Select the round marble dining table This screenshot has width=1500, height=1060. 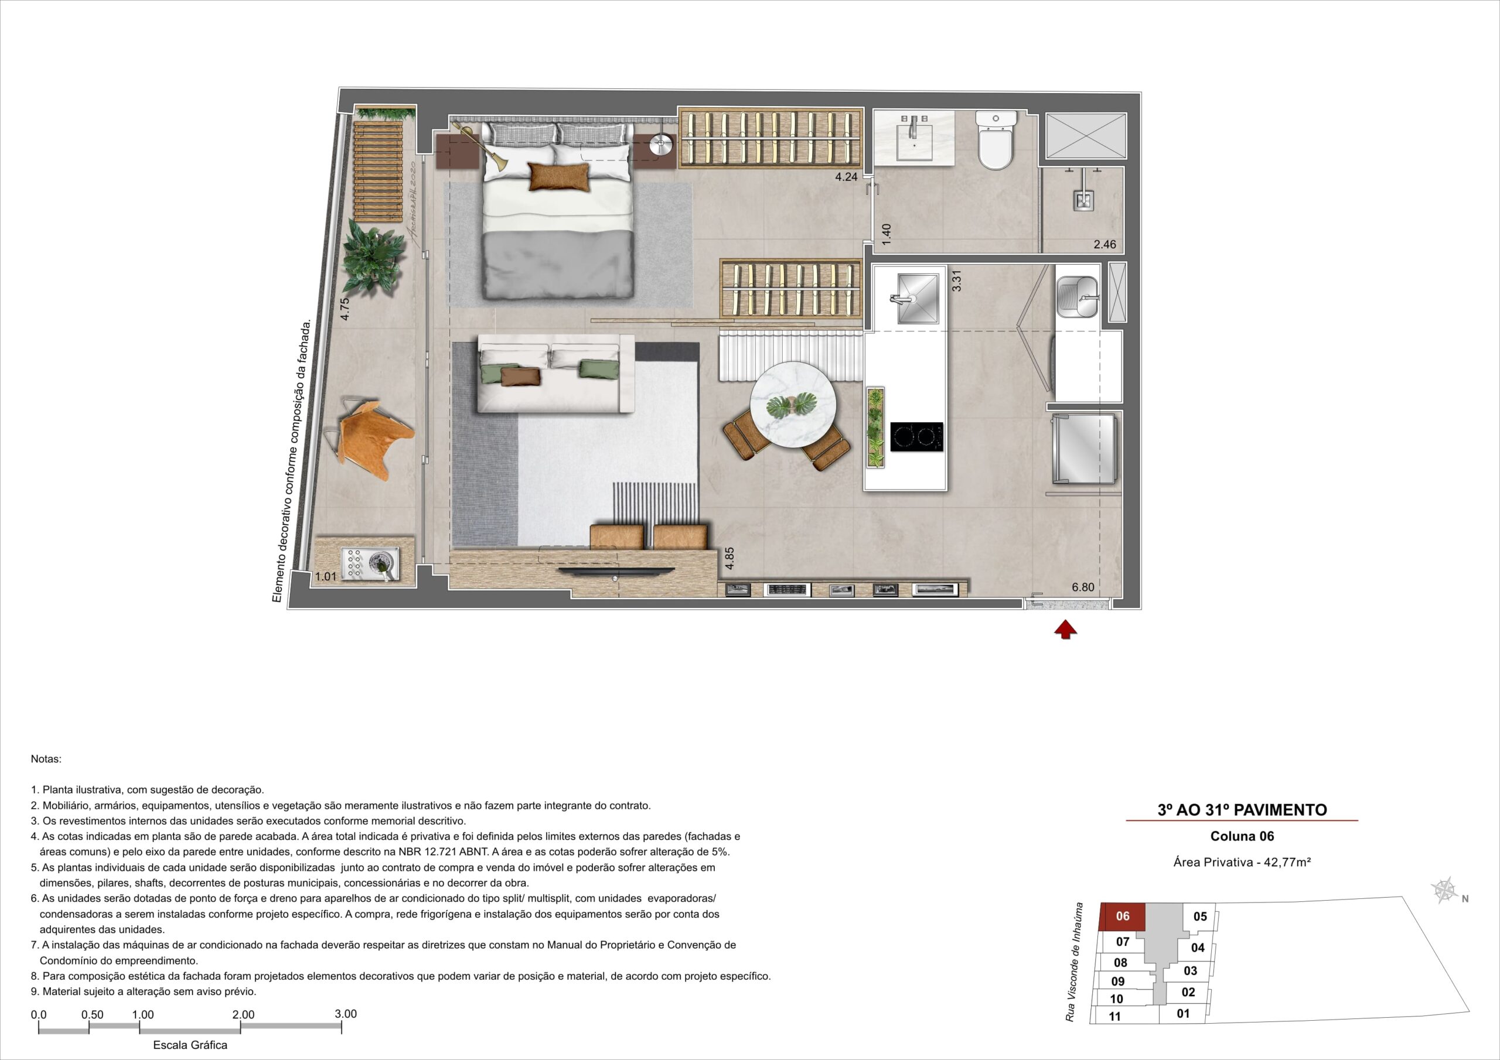point(793,404)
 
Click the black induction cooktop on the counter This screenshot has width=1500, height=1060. point(917,436)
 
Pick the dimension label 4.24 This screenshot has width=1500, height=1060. point(846,176)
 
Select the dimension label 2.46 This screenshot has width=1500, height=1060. point(1104,245)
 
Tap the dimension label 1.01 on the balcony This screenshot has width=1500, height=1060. point(325,577)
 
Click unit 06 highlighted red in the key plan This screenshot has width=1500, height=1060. point(1123,917)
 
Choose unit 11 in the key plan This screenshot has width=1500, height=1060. point(1114,1016)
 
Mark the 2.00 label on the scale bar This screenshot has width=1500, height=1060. point(244,1015)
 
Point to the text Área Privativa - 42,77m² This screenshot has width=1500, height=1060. point(1242,862)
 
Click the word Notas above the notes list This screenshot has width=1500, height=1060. point(46,760)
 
